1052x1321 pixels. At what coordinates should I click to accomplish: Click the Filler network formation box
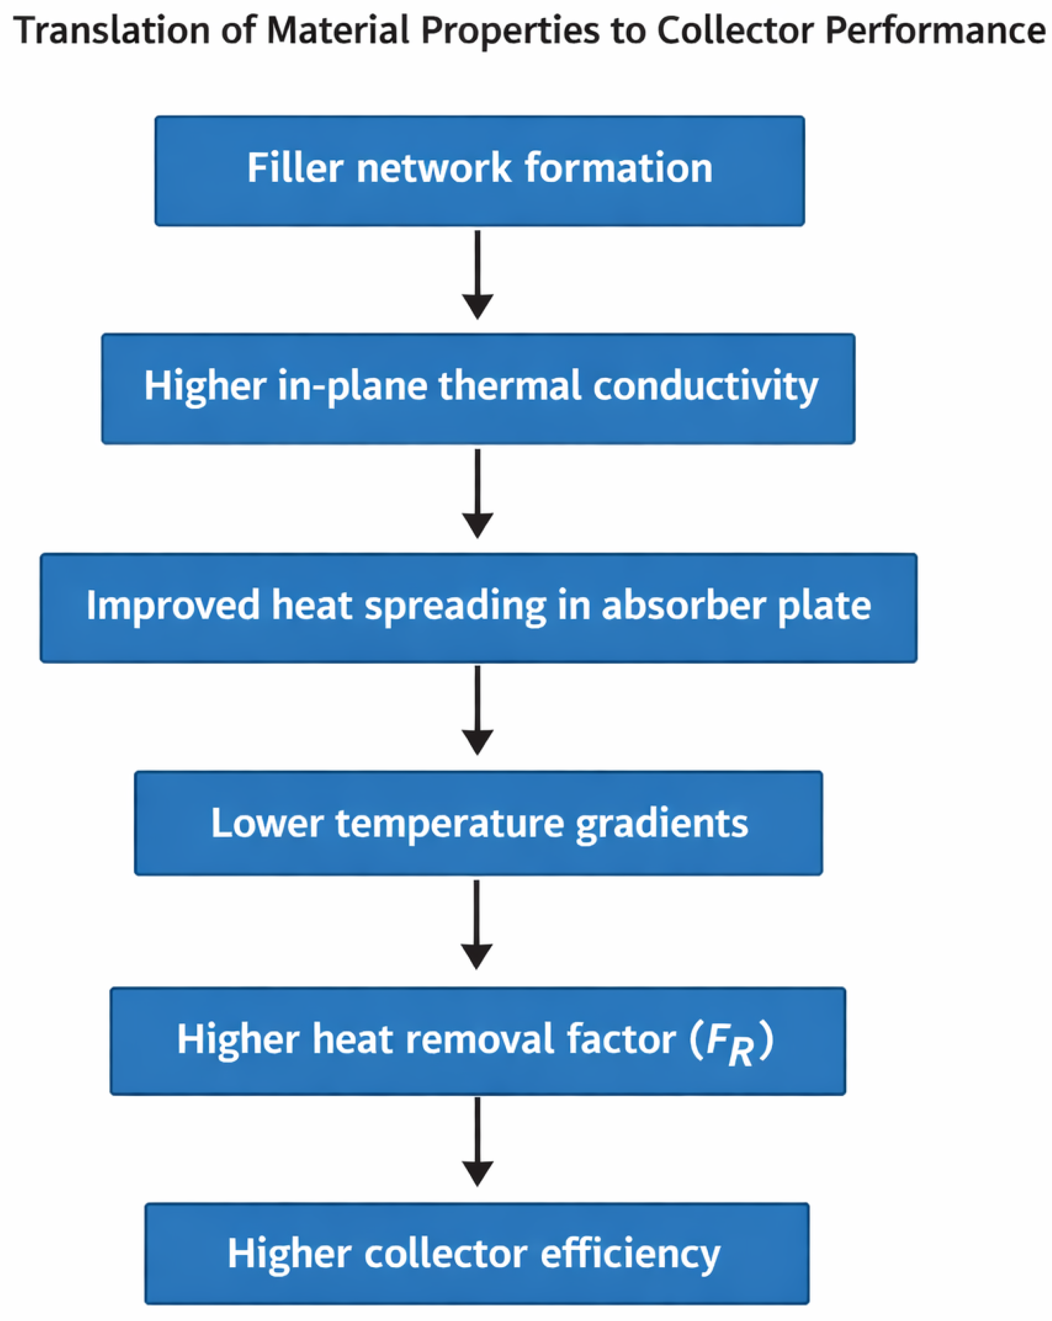(479, 171)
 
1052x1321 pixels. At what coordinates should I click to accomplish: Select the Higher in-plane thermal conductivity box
(478, 389)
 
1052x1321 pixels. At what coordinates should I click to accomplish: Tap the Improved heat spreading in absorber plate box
(478, 608)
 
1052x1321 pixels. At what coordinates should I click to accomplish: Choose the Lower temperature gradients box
(478, 823)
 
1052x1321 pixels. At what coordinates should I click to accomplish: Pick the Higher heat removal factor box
(478, 1041)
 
